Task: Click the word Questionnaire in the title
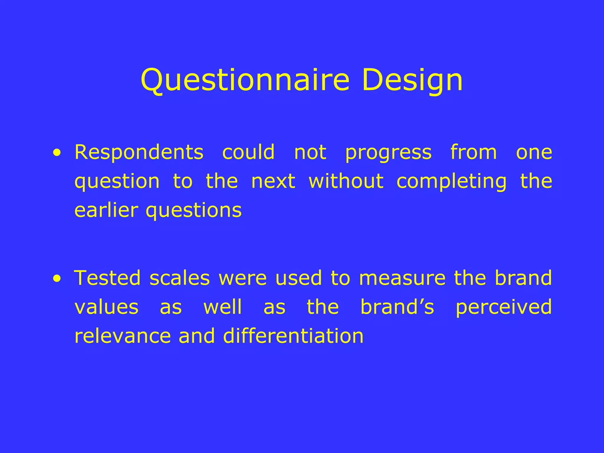tap(245, 80)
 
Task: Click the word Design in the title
tap(412, 80)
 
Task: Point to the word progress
tap(388, 153)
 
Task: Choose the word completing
tap(451, 182)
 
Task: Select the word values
tap(106, 307)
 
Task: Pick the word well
tap(223, 307)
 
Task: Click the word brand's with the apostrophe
tap(397, 307)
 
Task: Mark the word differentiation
tap(293, 336)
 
